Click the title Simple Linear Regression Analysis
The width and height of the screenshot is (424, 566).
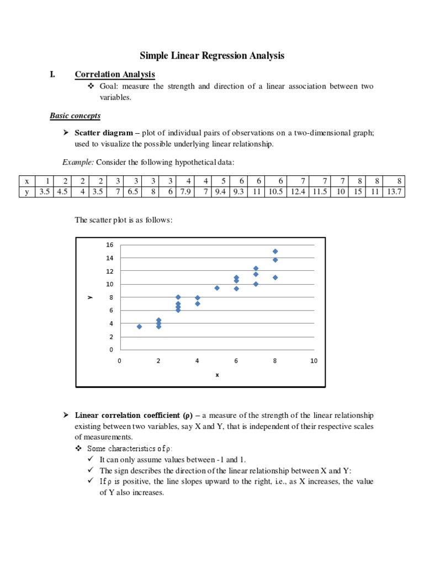click(212, 55)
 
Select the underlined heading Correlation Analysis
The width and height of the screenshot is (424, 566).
click(115, 75)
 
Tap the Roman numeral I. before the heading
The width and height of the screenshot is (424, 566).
click(52, 75)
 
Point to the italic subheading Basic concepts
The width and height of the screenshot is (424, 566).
click(75, 116)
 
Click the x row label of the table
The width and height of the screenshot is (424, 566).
click(26, 181)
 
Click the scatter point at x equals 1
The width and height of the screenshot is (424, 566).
click(139, 327)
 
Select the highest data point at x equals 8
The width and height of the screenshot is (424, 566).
click(275, 251)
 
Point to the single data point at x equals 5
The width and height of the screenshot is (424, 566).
click(217, 288)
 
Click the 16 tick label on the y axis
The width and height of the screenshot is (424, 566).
click(109, 245)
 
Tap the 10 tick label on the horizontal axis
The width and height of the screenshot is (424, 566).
click(314, 361)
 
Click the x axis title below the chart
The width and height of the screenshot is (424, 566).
click(217, 375)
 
